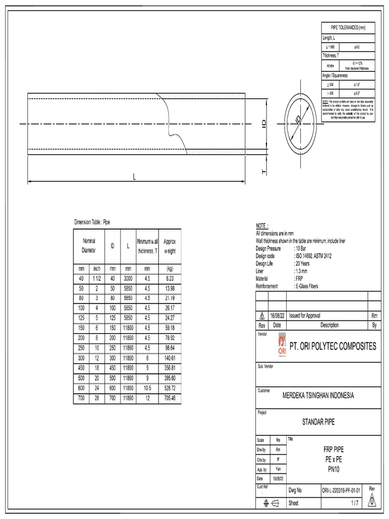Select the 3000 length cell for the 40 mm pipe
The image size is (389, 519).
[128, 279]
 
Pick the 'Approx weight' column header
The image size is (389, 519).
[170, 247]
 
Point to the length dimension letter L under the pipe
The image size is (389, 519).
[134, 176]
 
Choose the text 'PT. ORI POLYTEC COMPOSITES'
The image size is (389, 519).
[333, 347]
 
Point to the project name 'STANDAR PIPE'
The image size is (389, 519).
[319, 422]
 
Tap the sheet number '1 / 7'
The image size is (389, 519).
[355, 503]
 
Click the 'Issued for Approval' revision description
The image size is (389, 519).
[304, 315]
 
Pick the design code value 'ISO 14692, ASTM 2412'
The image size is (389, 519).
[314, 256]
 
